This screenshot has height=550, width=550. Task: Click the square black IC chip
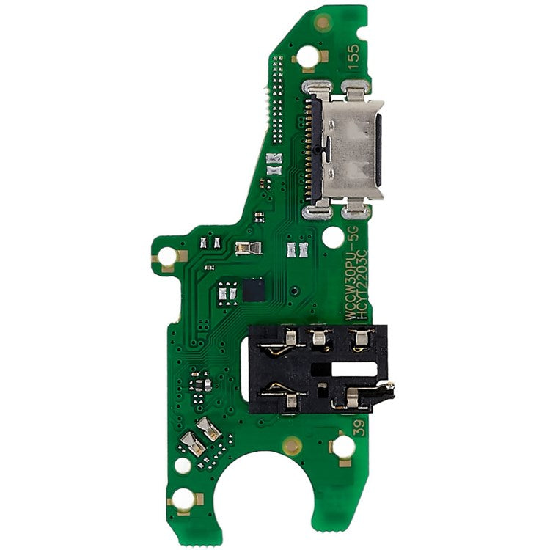coord(254,289)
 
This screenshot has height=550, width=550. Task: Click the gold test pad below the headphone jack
coord(292,444)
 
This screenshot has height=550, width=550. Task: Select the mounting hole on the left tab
coord(168,257)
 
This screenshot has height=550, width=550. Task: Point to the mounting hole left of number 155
coord(310,56)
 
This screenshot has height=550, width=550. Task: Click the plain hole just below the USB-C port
coord(332,236)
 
